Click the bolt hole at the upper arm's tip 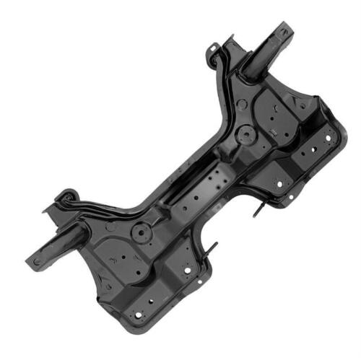[x=283, y=32]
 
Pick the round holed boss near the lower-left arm [x=139, y=234]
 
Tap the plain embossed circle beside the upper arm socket [x=242, y=104]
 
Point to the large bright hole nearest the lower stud [x=186, y=273]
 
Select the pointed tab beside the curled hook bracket [x=48, y=210]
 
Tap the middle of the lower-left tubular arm [x=61, y=242]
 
